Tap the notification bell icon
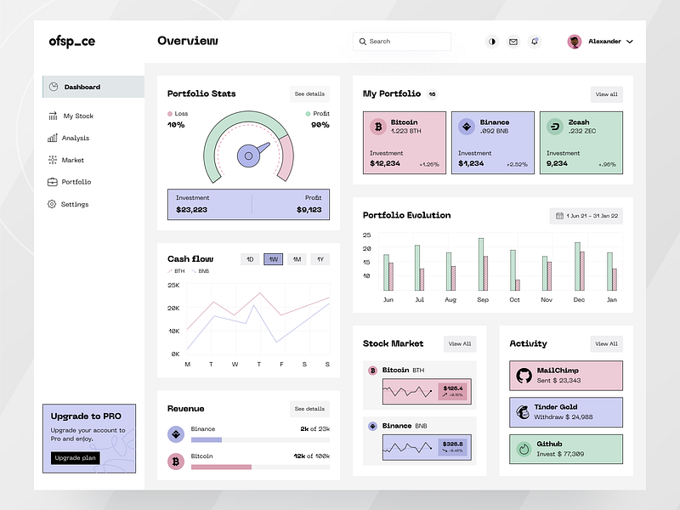coord(535,41)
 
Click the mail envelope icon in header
coord(513,41)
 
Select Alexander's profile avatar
coord(575,41)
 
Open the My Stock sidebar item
coord(78,116)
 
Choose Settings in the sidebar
coord(74,204)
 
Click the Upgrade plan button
coord(75,458)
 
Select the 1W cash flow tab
coord(273,259)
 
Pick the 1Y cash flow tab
coord(320,259)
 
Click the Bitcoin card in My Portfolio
coord(405,143)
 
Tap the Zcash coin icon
coord(555,127)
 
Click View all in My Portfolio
coord(606,94)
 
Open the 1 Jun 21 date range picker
coord(586,216)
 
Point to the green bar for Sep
coord(480,263)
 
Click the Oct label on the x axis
coord(514,300)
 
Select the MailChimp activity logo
coord(523,375)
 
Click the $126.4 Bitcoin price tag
coord(453,391)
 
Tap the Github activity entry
coord(565,449)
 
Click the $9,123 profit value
coord(309,209)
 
